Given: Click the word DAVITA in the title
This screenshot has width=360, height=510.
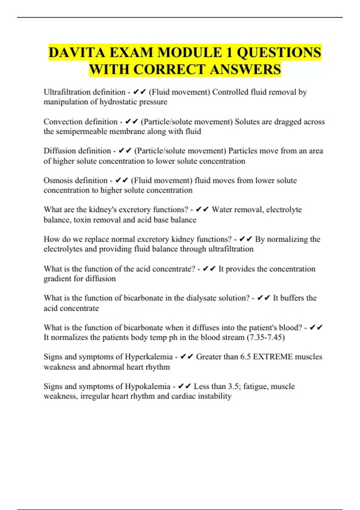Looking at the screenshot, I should pos(77,52).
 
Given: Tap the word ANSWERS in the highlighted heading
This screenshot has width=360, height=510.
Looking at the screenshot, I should pos(245,69).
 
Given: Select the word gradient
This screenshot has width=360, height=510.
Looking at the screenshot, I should pos(58,279).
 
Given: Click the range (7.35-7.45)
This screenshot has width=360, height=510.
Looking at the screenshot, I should pos(265,337).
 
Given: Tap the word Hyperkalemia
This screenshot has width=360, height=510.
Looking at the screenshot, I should pos(148,357).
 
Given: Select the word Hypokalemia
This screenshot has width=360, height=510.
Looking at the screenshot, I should pos(147,386).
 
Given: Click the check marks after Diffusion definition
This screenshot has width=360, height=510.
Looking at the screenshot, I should pos(125,151).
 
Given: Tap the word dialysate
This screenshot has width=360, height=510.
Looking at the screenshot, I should pos(204,298).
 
